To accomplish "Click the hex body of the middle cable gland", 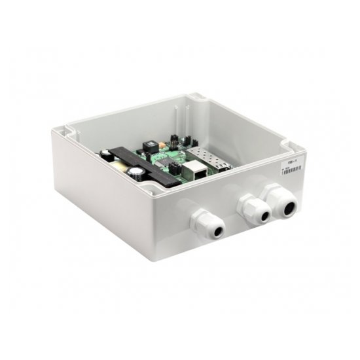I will (x=249, y=208).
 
